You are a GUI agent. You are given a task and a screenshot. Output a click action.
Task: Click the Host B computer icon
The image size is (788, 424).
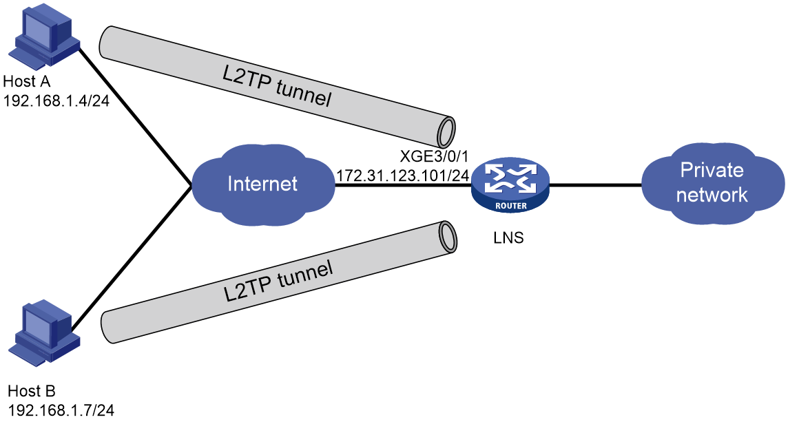[44, 333]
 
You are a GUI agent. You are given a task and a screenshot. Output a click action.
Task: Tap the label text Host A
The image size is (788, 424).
[27, 81]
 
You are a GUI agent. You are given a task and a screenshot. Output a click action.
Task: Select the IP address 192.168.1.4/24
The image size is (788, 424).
[56, 100]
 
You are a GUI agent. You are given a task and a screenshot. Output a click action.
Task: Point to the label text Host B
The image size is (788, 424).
[32, 391]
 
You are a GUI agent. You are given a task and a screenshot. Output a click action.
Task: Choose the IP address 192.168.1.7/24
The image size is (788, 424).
[61, 410]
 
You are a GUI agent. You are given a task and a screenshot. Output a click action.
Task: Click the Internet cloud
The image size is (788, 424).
[262, 184]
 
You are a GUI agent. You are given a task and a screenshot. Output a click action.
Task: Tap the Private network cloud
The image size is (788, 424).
[712, 183]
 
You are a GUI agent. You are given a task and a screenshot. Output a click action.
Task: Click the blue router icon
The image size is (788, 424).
[510, 185]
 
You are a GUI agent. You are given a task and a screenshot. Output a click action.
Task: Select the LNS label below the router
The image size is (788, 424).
[508, 237]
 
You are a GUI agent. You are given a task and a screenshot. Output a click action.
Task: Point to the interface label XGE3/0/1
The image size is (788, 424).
[434, 156]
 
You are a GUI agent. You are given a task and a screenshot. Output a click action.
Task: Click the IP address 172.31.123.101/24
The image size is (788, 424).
[402, 176]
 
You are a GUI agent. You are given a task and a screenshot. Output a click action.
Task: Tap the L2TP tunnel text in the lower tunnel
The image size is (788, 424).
[278, 281]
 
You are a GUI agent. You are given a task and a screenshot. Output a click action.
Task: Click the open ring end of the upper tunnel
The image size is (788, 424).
[446, 131]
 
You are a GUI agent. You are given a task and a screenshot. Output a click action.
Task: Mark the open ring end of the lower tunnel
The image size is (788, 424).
[447, 237]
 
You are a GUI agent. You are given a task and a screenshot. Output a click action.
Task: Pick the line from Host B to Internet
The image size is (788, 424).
[132, 259]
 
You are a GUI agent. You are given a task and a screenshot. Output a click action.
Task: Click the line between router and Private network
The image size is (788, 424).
[596, 185]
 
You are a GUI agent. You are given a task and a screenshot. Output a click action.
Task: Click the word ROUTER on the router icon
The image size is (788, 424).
[511, 206]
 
